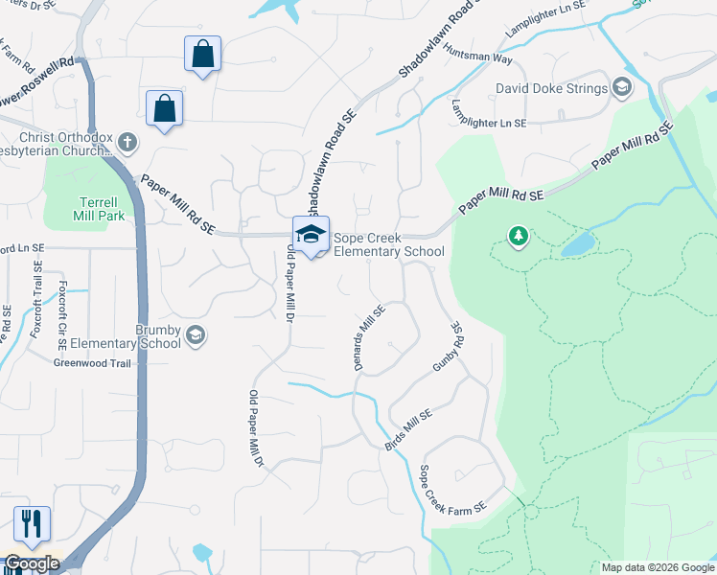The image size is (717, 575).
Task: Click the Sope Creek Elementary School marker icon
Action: click(311, 234)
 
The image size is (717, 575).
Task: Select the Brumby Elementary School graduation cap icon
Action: click(196, 334)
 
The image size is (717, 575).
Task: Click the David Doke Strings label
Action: click(551, 89)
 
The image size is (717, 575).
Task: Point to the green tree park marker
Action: click(519, 236)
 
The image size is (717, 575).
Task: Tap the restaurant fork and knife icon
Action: click(32, 523)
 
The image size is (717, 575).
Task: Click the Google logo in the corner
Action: click(31, 563)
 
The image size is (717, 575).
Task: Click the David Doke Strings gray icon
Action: click(622, 88)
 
